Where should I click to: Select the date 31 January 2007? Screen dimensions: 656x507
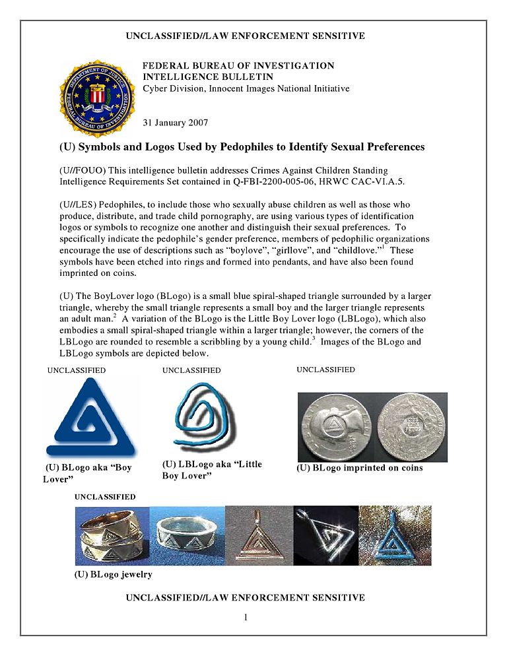click(x=176, y=123)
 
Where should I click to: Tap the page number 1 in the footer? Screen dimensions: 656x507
click(x=245, y=618)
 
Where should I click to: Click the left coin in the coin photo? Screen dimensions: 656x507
click(x=335, y=427)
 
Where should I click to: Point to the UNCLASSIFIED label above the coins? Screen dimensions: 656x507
click(x=325, y=370)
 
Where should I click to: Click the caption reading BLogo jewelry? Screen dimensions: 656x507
click(x=113, y=574)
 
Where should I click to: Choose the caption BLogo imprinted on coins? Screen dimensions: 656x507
click(x=359, y=468)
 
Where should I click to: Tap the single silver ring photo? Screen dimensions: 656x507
click(x=187, y=535)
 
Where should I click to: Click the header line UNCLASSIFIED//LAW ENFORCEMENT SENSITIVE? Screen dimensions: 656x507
click(x=245, y=36)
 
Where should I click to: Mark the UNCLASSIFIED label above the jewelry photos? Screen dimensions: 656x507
click(x=105, y=496)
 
